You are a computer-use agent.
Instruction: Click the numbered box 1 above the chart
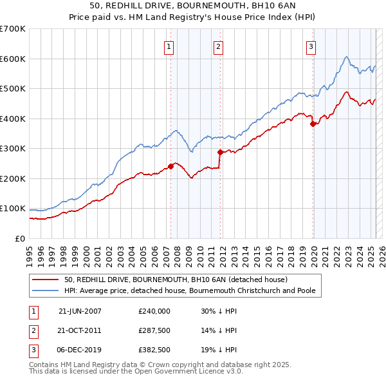[169, 46]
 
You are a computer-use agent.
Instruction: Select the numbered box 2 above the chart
[219, 46]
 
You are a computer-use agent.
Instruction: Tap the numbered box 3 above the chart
[311, 46]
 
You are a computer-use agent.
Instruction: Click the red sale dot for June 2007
[170, 166]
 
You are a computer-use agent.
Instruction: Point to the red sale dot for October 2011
[220, 152]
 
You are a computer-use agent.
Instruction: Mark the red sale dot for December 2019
[313, 124]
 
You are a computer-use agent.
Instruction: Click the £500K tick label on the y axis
[12, 88]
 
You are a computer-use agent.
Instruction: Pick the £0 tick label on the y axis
[19, 238]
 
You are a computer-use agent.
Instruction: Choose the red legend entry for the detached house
[176, 280]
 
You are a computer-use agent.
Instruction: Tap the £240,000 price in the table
[154, 310]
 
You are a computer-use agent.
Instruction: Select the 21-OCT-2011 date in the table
[80, 330]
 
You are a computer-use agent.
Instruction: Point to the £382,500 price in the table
[154, 350]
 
